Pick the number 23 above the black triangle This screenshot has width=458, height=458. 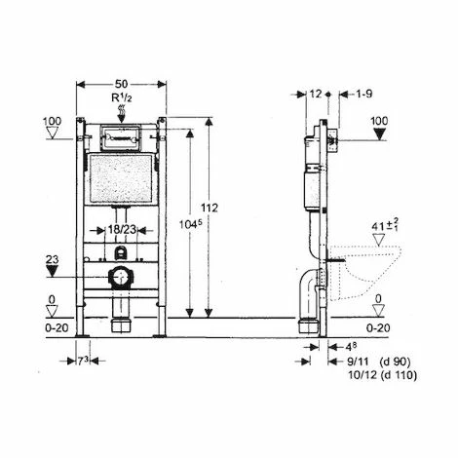coord(53,260)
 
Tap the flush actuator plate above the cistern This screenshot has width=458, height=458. coord(121,135)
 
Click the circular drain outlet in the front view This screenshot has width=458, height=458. coord(120,277)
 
